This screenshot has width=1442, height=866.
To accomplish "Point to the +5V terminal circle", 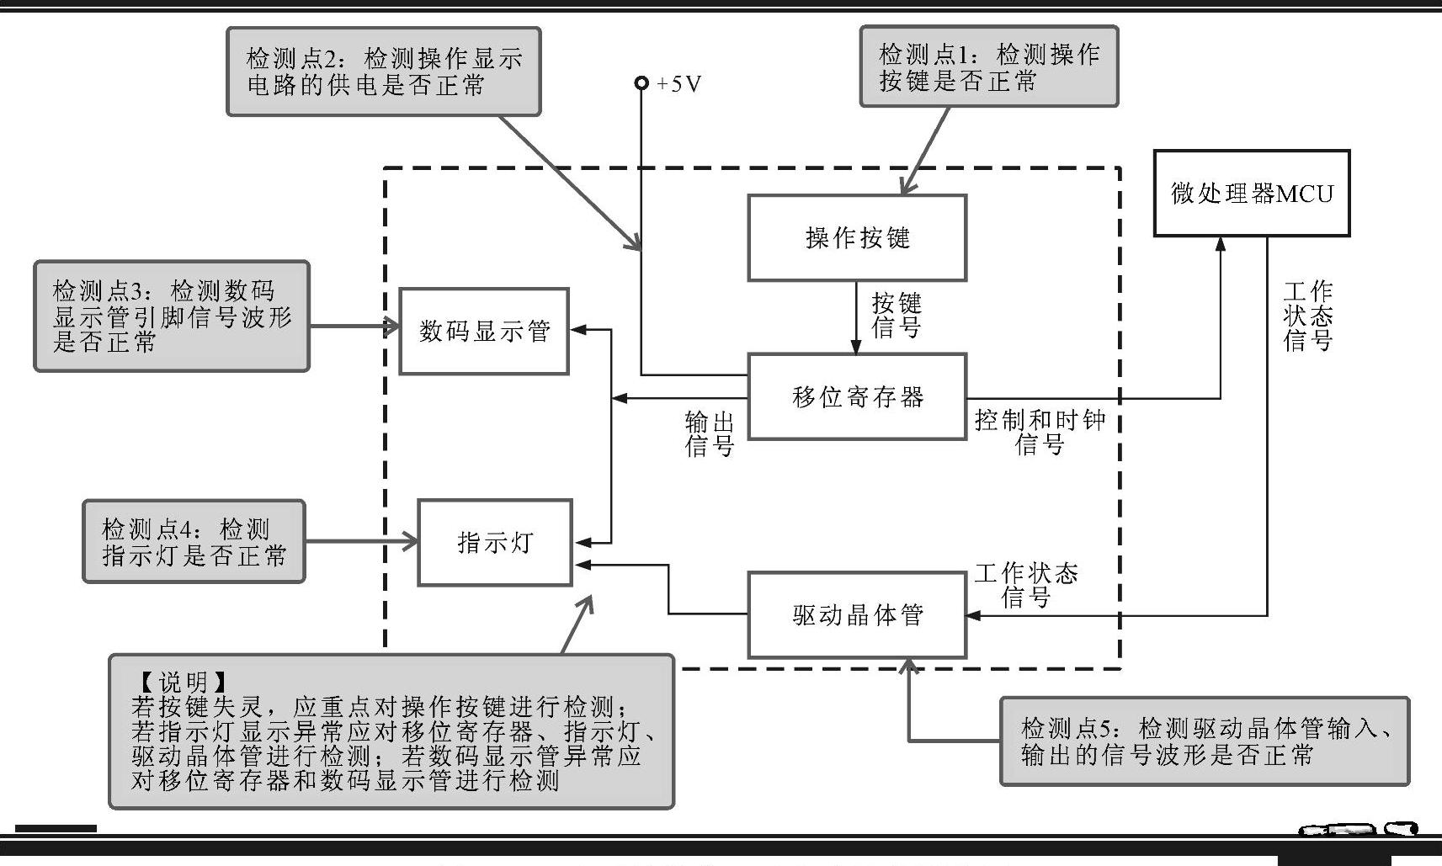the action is coord(641,82).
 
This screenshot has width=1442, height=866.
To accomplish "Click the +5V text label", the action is coord(678,83).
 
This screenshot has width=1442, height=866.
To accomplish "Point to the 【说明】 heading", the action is coord(184,682).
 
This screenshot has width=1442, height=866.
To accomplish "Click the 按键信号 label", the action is coord(897,316).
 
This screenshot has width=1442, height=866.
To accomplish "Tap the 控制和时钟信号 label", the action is coord(1040,432).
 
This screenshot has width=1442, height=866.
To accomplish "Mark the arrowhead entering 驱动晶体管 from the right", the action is coord(973,616).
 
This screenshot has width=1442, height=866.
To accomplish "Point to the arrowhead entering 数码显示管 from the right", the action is coord(577,330).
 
